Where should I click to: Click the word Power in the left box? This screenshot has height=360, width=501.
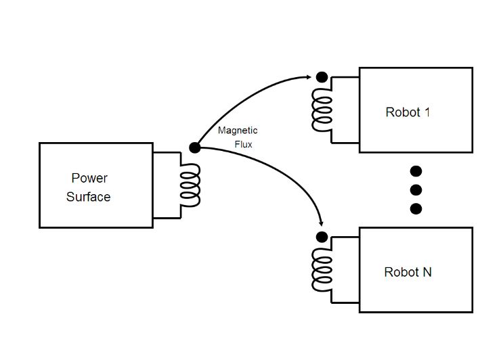pyautogui.click(x=89, y=179)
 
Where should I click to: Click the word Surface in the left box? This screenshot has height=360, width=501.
pyautogui.click(x=88, y=198)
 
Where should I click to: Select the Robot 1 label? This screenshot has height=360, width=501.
pyautogui.click(x=408, y=112)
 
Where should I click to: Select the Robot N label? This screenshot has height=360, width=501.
pyautogui.click(x=408, y=273)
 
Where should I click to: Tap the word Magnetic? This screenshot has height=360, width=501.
pyautogui.click(x=238, y=131)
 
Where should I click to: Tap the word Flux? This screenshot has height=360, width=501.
pyautogui.click(x=243, y=144)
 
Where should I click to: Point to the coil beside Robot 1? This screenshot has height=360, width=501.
pyautogui.click(x=322, y=110)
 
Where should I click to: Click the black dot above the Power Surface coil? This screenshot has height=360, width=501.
pyautogui.click(x=194, y=148)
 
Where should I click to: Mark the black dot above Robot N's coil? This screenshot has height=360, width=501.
pyautogui.click(x=322, y=237)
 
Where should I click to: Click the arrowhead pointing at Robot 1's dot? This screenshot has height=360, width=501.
pyautogui.click(x=309, y=76)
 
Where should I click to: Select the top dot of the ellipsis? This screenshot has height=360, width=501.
pyautogui.click(x=416, y=171)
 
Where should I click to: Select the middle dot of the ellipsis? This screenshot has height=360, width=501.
pyautogui.click(x=416, y=189)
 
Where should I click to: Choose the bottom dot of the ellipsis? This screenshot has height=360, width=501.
pyautogui.click(x=416, y=208)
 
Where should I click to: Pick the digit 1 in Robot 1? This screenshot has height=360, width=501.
pyautogui.click(x=427, y=112)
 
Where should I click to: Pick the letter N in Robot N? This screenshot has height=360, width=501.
pyautogui.click(x=427, y=273)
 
